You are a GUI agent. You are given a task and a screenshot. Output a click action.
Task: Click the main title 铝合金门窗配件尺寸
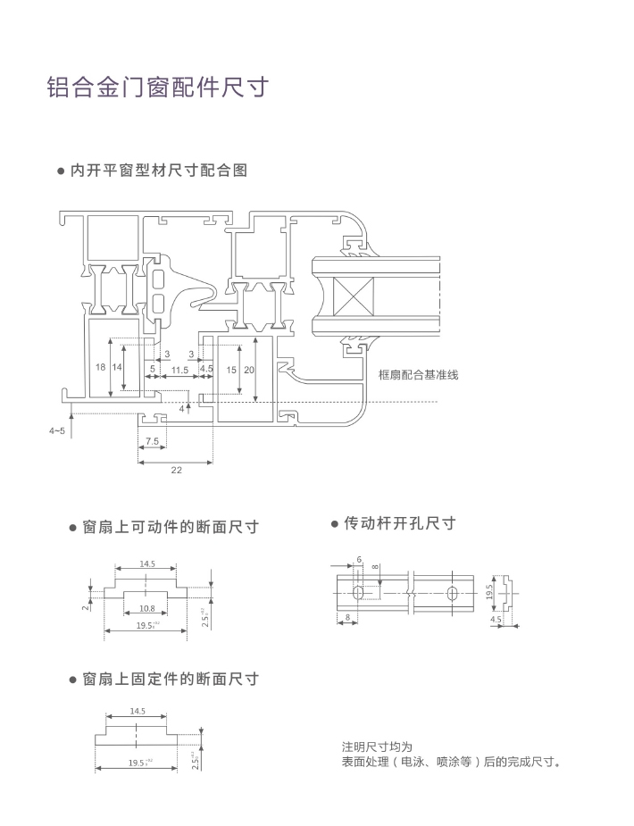click(157, 88)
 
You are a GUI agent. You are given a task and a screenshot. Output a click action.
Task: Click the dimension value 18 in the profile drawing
click(100, 367)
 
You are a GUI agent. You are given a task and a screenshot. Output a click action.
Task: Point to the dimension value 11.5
click(179, 369)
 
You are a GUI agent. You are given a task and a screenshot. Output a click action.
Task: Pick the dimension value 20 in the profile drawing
click(249, 369)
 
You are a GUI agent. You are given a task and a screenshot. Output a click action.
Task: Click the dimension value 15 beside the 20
click(231, 369)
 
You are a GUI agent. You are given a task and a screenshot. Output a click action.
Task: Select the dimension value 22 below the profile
click(175, 470)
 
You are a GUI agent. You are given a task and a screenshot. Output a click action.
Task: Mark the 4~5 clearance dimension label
click(57, 430)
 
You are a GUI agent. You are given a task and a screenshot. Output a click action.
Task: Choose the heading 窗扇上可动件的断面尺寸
click(170, 527)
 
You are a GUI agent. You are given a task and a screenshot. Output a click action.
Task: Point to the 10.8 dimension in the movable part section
click(147, 609)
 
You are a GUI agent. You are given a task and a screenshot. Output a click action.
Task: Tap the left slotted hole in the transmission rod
click(357, 592)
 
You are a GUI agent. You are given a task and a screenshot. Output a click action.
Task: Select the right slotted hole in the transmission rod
click(453, 592)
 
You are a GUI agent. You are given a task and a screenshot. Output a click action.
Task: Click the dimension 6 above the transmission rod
click(358, 559)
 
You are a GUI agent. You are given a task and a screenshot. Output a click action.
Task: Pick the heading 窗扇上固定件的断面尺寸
click(170, 680)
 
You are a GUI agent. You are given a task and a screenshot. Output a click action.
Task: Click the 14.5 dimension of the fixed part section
click(137, 712)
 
